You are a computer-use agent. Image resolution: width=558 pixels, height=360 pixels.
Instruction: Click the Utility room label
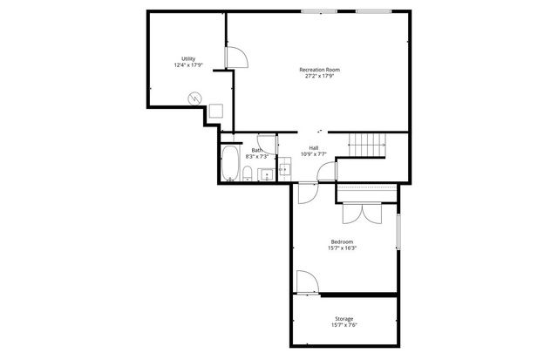click(x=188, y=58)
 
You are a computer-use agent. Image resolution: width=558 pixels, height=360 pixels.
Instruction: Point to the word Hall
click(x=313, y=147)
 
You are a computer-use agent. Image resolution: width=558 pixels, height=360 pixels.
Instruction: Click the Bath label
click(x=257, y=151)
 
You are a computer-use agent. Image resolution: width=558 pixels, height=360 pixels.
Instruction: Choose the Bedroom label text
click(x=342, y=241)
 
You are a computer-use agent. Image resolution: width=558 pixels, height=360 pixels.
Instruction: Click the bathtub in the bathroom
click(x=230, y=164)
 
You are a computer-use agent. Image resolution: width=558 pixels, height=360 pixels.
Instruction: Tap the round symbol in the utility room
click(x=197, y=98)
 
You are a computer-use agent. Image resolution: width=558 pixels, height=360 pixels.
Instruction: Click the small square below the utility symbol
click(x=214, y=111)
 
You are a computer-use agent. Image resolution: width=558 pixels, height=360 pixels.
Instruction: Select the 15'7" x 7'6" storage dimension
click(x=344, y=327)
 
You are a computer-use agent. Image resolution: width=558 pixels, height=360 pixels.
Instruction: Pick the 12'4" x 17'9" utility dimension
click(x=188, y=65)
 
